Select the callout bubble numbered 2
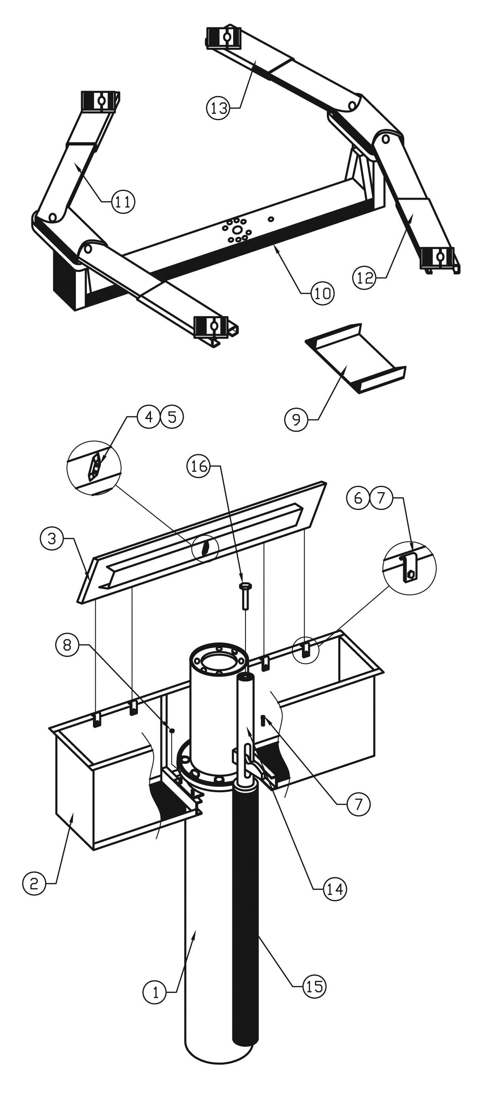click(x=34, y=883)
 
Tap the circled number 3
click(x=52, y=538)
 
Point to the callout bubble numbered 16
click(x=198, y=466)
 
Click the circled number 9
click(x=296, y=419)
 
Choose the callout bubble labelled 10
click(x=322, y=293)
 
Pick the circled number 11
click(x=123, y=201)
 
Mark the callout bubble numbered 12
click(x=364, y=278)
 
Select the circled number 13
click(x=218, y=108)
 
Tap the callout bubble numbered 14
click(x=335, y=889)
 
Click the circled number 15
click(x=315, y=986)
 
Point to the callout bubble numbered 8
click(x=67, y=645)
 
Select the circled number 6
click(x=358, y=497)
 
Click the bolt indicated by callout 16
click(x=245, y=595)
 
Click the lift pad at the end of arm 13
click(x=224, y=37)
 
